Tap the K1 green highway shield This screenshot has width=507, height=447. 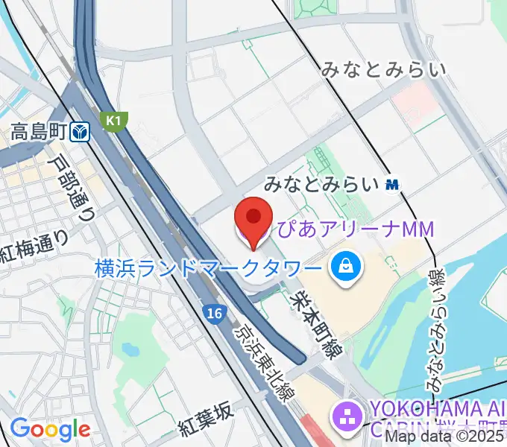(115, 120)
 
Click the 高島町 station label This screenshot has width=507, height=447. (40, 133)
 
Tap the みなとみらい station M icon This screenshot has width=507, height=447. (392, 184)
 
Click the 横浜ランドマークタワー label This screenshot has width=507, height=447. (208, 266)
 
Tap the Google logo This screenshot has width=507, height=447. (50, 429)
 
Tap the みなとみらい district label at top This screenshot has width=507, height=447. (384, 70)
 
